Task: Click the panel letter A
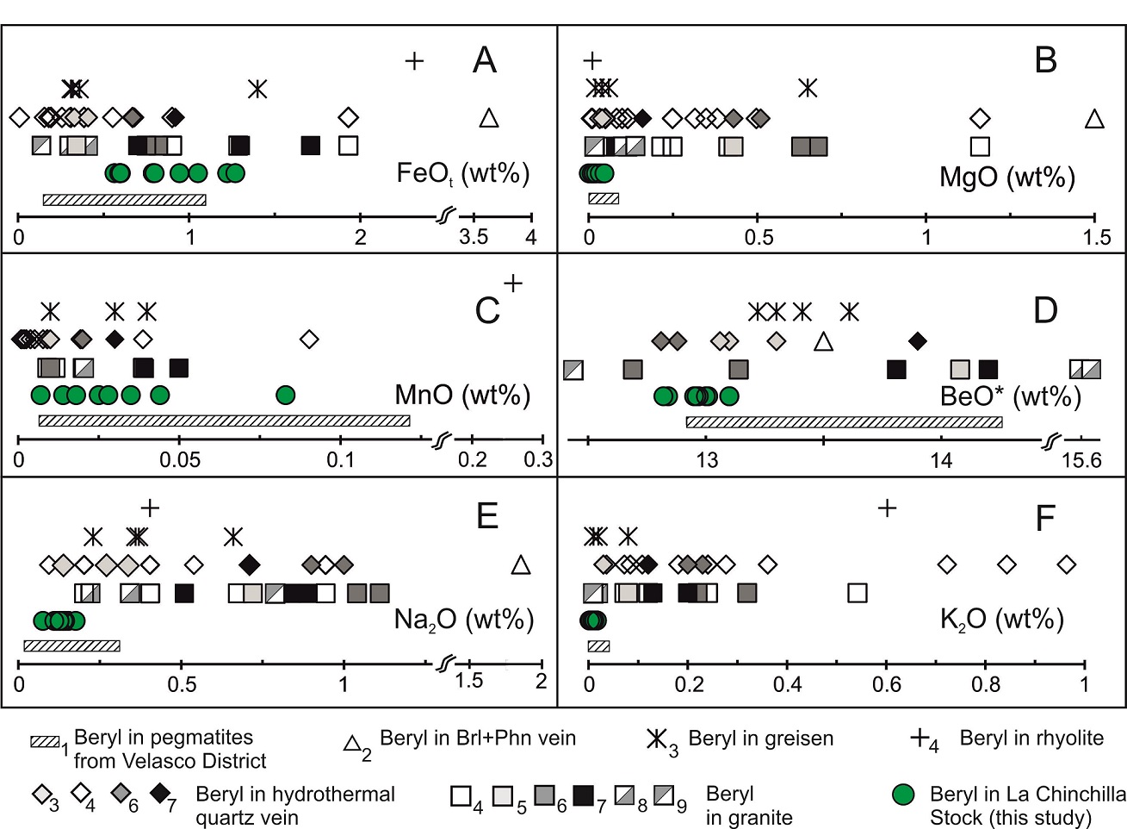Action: pos(485,60)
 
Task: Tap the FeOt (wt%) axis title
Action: pos(462,174)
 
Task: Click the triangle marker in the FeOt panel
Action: pos(488,118)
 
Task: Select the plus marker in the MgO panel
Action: pos(592,60)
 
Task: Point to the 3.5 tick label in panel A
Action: pos(474,237)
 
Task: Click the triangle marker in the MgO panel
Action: pos(1094,119)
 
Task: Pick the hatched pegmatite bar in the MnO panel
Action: pos(224,421)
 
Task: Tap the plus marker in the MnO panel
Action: pos(512,283)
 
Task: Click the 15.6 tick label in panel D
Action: pos(1081,460)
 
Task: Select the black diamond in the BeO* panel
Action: pos(917,341)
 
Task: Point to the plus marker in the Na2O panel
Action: pos(150,507)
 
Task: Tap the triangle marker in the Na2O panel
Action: pos(520,565)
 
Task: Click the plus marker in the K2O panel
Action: pos(887,508)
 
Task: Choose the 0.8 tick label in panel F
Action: pos(986,685)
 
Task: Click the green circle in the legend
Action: pos(903,794)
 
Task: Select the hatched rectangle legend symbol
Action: pos(45,741)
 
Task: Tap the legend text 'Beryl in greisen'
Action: pos(760,739)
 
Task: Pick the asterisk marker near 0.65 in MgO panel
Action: pos(807,88)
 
